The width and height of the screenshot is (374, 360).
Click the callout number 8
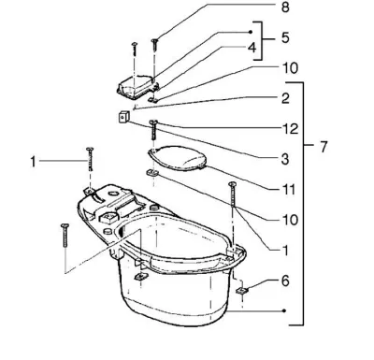285,7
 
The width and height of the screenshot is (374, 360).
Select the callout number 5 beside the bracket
285,37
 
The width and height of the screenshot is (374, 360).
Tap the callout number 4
252,48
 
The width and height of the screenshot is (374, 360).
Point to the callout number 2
285,98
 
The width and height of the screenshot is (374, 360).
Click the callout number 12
290,129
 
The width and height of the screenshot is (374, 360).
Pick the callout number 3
285,159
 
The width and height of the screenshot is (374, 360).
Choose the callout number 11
287,189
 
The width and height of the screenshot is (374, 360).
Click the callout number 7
324,147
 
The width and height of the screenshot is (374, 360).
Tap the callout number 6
285,281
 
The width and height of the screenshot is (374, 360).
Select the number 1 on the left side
33,162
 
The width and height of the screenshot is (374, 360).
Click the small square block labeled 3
123,118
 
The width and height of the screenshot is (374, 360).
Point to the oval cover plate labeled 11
178,158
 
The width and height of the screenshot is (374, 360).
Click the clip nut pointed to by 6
242,291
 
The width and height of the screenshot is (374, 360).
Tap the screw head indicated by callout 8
155,40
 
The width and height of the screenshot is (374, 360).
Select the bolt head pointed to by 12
153,122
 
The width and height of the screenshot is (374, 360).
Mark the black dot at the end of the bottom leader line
284,310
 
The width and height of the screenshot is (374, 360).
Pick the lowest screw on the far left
65,236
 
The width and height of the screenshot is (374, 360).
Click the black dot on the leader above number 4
251,32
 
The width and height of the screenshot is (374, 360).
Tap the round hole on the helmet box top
112,194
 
